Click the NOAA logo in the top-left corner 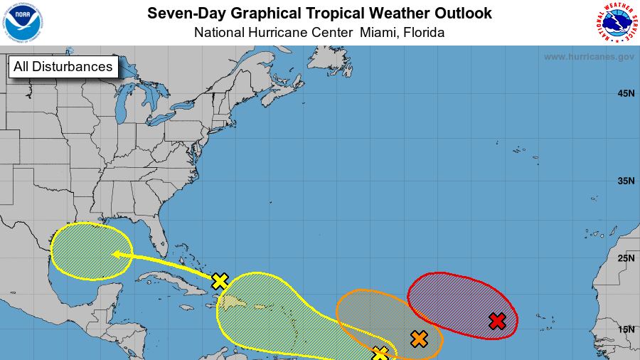23,22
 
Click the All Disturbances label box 63,67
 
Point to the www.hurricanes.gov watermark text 589,57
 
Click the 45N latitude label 626,93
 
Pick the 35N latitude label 626,181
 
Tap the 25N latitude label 626,258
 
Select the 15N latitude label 626,329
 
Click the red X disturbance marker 498,321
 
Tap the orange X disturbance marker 419,339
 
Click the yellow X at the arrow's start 220,281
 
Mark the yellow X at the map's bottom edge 380,353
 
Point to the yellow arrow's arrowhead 114,253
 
